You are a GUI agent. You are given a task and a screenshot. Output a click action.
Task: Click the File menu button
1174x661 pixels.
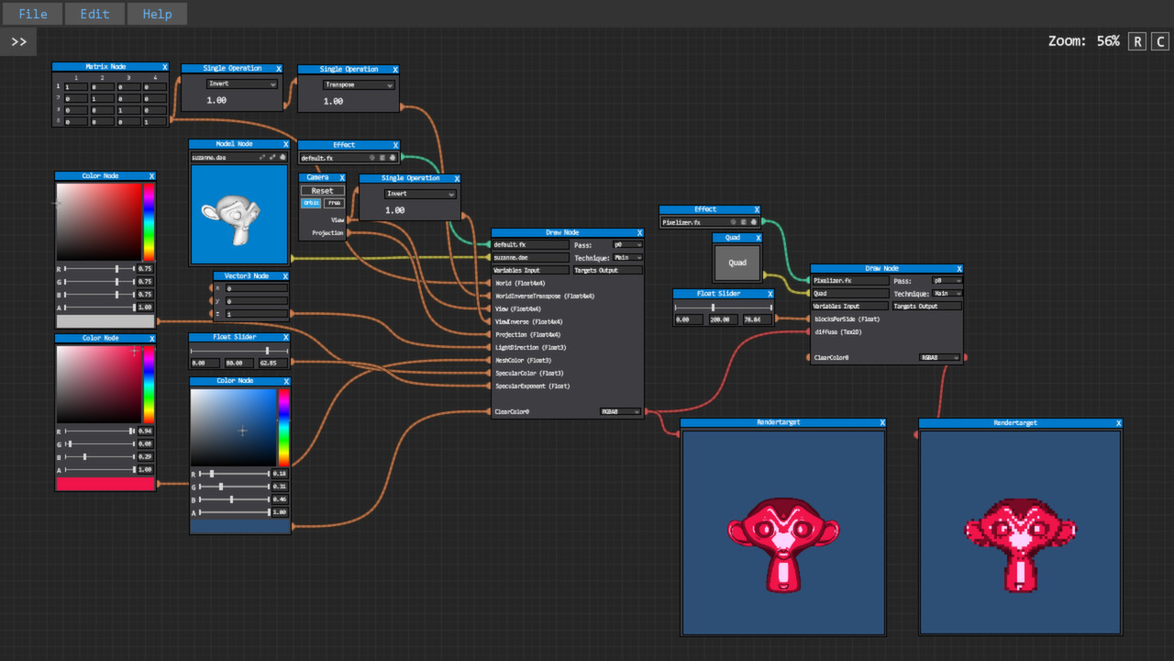(x=33, y=14)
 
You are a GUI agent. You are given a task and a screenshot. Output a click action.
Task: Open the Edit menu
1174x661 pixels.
(x=94, y=14)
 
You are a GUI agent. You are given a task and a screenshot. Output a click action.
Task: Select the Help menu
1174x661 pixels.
(x=157, y=14)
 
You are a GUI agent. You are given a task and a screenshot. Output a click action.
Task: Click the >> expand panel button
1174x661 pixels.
(x=18, y=41)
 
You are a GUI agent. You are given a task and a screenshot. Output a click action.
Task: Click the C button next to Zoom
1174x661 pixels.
(x=1160, y=41)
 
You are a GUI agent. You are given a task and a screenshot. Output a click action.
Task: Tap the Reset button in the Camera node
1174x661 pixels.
(x=322, y=191)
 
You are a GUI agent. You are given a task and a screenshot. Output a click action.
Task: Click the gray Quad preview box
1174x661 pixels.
(x=737, y=263)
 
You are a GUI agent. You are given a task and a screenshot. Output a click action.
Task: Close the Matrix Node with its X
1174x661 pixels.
(x=165, y=67)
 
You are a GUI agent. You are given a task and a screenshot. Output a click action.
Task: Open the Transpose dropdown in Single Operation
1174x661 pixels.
(x=359, y=84)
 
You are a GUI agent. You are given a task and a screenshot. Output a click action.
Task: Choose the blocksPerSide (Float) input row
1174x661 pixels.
(x=846, y=319)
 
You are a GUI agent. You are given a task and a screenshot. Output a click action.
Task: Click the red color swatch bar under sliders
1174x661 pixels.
(x=105, y=484)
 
